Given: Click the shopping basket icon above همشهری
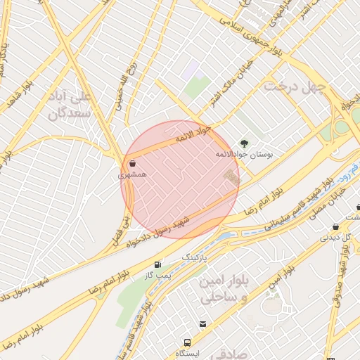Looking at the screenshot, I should (x=132, y=162).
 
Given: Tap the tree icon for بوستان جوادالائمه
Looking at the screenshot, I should (x=245, y=142).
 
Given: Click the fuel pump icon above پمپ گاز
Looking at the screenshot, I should (x=157, y=264).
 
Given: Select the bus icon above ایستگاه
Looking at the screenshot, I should (x=188, y=342).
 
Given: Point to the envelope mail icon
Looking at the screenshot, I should (x=203, y=324).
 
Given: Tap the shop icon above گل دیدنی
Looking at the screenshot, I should (x=335, y=226).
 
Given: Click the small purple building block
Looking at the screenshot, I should (x=191, y=68).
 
